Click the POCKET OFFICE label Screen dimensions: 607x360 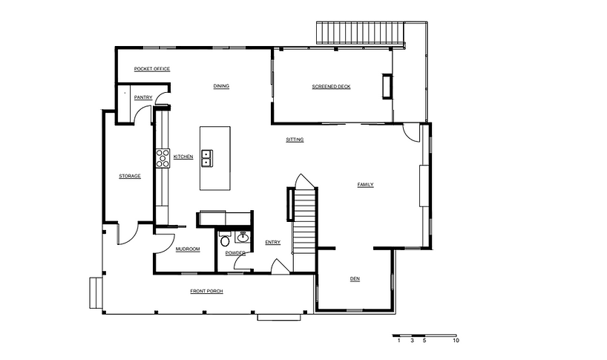point(152,69)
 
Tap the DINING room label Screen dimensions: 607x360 point(221,86)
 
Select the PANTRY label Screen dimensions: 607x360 point(143,97)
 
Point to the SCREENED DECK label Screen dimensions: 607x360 point(332,87)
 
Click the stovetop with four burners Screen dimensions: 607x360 point(163,158)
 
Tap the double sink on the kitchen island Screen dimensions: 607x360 point(207,158)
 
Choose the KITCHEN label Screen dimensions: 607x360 point(183,157)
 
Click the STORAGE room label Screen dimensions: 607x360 point(130,176)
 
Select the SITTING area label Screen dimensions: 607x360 point(295,140)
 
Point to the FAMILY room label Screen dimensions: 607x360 point(365,185)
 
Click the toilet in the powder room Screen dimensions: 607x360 point(225,240)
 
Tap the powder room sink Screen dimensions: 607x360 point(243,237)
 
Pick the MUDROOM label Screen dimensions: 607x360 point(188,249)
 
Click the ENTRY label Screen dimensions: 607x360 point(273,242)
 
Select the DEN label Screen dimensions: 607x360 point(355,278)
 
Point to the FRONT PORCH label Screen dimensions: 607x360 point(207,291)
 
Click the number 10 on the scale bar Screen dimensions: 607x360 point(456,341)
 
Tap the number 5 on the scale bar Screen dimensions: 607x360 point(424,341)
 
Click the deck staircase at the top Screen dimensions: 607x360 point(361,33)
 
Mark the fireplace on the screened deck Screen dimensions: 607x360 point(387,86)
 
